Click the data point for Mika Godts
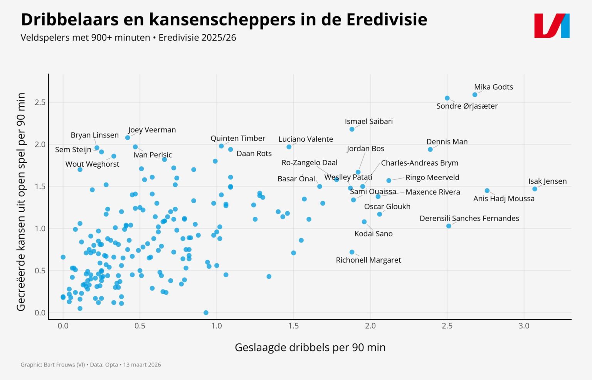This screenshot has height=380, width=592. pos(475,95)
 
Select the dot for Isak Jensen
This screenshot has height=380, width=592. pos(535,189)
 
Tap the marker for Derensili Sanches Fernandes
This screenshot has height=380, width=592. pos(449,226)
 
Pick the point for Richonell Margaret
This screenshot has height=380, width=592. pos(352,252)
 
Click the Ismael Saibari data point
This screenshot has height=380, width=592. pos(352,129)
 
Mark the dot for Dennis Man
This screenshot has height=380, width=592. pos(430,149)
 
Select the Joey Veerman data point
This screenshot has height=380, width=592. pos(128,137)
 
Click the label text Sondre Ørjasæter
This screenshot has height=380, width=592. pos(467,106)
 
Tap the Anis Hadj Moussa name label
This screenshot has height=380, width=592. pos(504,199)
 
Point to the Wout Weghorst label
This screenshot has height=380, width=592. pos(92,164)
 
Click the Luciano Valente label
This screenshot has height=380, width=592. pos(306,139)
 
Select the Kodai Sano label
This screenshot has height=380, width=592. pos(373,234)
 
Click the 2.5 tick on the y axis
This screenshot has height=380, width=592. pos(40,102)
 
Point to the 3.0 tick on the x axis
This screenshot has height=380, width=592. pos(524,326)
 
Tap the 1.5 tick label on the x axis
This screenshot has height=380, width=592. pos(293,326)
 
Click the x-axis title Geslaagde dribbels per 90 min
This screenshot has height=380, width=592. pos(310,347)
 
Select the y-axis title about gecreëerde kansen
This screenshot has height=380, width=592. pos(21,202)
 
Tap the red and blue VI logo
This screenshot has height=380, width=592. pos(552,26)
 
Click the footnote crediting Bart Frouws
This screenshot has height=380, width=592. pos(91,365)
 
